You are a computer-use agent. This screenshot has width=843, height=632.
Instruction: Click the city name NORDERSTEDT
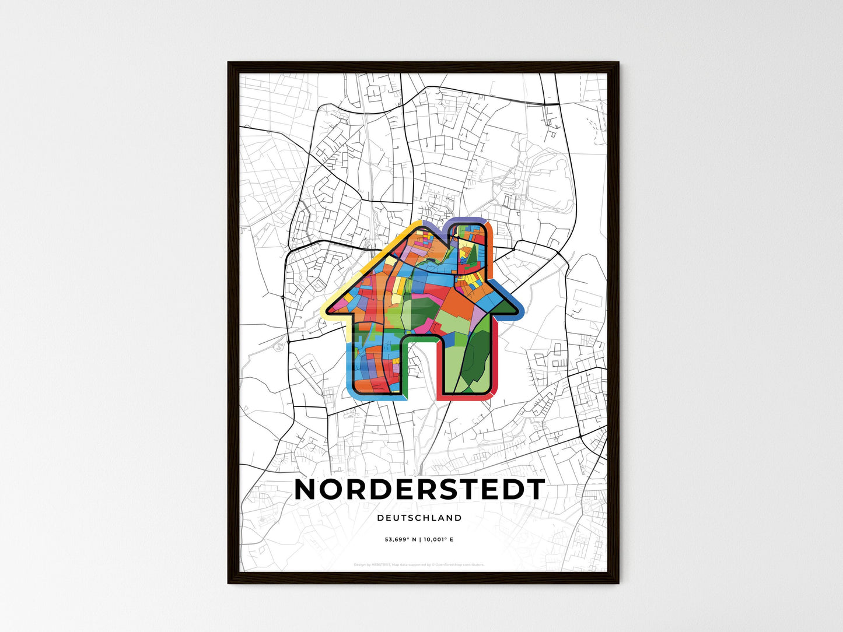[x=419, y=490]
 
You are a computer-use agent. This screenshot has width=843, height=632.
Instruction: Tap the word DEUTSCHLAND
[x=419, y=518]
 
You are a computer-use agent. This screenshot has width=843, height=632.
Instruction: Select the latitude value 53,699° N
[x=400, y=539]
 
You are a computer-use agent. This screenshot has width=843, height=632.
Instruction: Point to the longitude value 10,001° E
[x=438, y=539]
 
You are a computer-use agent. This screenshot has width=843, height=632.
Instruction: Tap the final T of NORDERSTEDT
[x=535, y=490]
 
